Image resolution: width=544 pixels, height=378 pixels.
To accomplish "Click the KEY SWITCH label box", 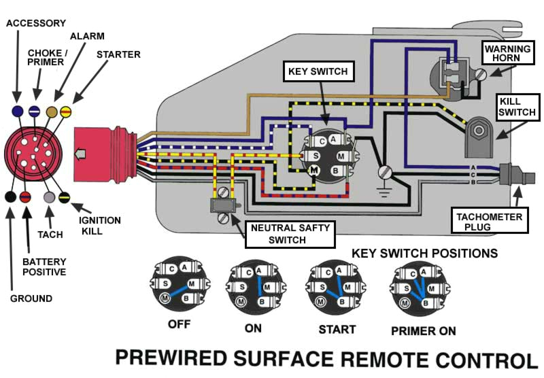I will [318, 71].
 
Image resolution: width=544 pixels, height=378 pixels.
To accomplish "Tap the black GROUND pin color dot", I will [10, 197].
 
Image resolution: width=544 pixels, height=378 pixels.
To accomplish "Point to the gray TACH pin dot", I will [49, 197].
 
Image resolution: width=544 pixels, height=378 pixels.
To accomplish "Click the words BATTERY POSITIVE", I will [44, 267].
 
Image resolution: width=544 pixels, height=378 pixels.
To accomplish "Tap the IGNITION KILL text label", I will [99, 226].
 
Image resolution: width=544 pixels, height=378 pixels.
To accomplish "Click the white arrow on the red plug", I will [80, 156].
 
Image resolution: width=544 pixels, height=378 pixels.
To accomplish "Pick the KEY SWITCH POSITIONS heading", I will [424, 254].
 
